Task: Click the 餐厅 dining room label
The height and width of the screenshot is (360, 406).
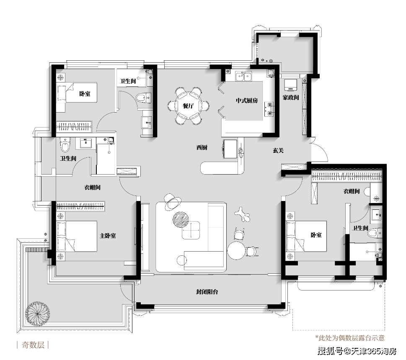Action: point(188,106)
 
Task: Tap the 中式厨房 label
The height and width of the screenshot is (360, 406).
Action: point(247,100)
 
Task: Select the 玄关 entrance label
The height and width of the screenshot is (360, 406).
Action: point(278,150)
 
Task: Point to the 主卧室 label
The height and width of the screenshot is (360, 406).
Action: point(108,236)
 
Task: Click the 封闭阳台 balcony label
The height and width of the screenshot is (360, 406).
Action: point(207,292)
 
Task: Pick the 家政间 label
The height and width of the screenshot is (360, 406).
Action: point(291,98)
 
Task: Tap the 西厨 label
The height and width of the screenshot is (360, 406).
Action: point(202,147)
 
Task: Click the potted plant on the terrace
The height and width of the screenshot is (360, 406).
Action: point(38,313)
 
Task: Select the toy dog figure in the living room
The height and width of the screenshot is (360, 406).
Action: point(242,214)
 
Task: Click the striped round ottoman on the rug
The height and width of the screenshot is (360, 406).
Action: point(181,219)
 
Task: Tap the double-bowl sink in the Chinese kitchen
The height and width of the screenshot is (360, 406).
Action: point(243,77)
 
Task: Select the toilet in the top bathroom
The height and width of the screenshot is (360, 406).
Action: point(143,98)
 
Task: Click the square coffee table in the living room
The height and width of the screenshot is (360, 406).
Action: point(191,230)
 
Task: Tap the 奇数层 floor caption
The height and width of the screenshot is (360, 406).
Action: point(33,345)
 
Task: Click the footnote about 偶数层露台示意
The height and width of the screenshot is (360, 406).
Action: point(349,338)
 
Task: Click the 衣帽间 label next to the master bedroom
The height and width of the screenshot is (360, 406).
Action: point(93,187)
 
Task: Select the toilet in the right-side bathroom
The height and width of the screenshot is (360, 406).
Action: point(375,233)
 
